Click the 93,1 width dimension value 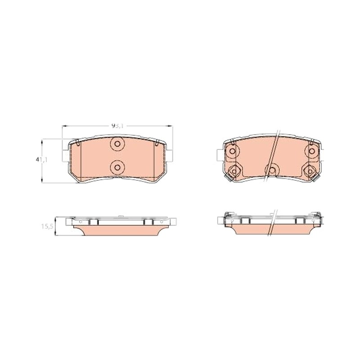[x=117, y=126]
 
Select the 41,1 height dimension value [x=41, y=160]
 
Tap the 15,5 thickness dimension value [x=47, y=226]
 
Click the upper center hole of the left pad [x=117, y=144]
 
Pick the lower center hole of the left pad [x=117, y=167]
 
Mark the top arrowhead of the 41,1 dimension [x=41, y=141]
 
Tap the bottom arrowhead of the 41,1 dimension [x=41, y=181]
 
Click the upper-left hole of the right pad [x=232, y=151]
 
